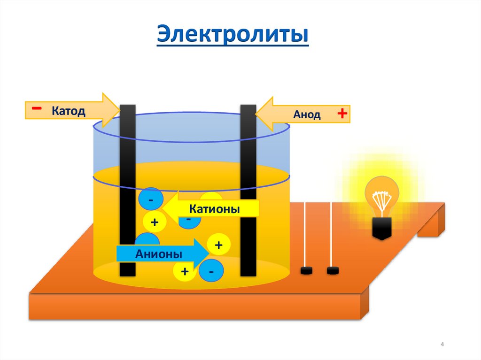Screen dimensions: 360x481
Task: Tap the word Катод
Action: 68,111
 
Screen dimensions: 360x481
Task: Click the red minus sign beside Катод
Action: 36,108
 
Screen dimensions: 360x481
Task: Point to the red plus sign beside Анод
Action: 342,114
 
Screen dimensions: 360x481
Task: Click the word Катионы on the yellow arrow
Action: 214,209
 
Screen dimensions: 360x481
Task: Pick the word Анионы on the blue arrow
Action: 159,254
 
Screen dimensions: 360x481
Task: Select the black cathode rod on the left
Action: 127,188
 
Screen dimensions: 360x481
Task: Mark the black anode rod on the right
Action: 248,188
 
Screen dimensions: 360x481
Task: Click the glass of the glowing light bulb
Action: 382,195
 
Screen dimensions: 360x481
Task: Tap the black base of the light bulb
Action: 382,228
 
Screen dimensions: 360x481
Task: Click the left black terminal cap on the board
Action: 307,270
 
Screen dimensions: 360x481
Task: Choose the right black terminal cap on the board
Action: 333,270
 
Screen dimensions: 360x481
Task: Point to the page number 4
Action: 442,345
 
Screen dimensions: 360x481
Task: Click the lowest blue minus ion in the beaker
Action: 211,271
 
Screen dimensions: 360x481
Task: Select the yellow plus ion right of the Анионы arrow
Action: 218,245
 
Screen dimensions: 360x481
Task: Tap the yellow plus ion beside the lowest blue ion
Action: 185,271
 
